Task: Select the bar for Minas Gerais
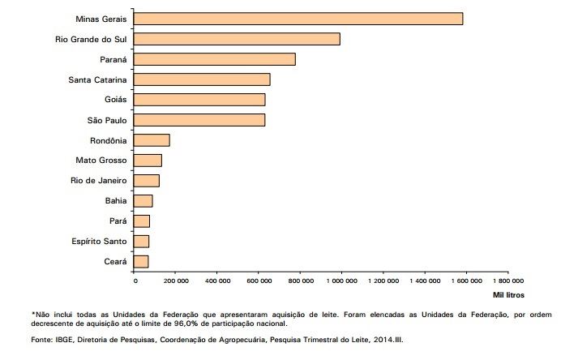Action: click(x=298, y=19)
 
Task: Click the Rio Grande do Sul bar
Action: click(x=237, y=39)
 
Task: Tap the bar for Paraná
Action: click(x=215, y=59)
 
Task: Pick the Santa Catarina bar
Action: click(x=202, y=79)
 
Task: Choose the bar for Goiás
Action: click(x=199, y=100)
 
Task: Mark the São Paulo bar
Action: click(x=199, y=120)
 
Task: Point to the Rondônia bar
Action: click(x=152, y=140)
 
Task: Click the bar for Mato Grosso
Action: click(x=148, y=161)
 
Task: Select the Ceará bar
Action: click(x=141, y=261)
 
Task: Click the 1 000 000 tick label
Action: click(x=341, y=281)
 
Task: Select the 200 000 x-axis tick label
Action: click(x=176, y=281)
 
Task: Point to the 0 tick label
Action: click(x=135, y=281)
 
